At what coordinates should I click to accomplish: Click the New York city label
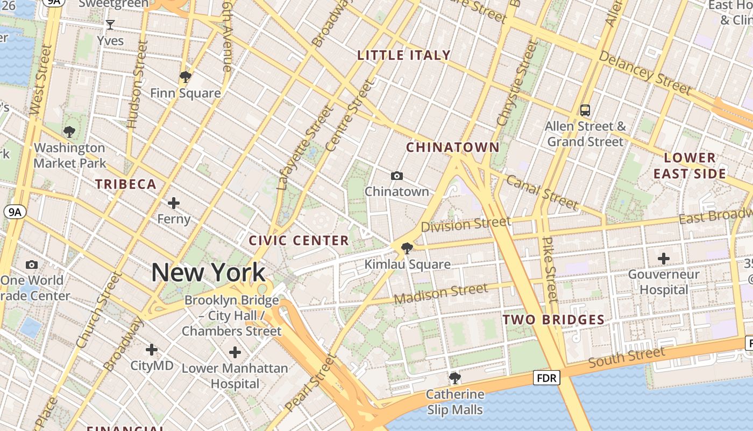click(208, 273)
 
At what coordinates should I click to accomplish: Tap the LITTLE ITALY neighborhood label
click(404, 55)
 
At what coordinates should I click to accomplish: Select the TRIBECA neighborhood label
click(126, 184)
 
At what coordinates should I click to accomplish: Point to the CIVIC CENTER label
click(299, 240)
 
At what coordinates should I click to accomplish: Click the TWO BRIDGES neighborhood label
click(553, 319)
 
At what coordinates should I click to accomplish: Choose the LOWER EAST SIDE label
click(690, 165)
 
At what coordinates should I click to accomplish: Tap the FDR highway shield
click(547, 378)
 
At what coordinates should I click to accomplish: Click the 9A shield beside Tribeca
click(15, 212)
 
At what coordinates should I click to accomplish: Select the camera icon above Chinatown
click(397, 176)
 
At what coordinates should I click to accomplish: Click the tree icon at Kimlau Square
click(407, 248)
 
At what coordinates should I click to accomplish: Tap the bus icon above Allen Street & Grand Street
click(585, 110)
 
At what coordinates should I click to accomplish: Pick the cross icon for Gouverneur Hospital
click(664, 259)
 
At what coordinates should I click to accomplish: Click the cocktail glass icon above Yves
click(110, 25)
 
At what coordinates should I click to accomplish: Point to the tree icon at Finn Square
click(186, 77)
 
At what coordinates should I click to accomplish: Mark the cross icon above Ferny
click(173, 203)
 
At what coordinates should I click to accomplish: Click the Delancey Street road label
click(644, 72)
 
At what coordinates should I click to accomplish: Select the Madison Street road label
click(441, 293)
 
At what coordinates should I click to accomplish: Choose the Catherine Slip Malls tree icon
click(454, 378)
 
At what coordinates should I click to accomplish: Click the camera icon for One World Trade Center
click(32, 265)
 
